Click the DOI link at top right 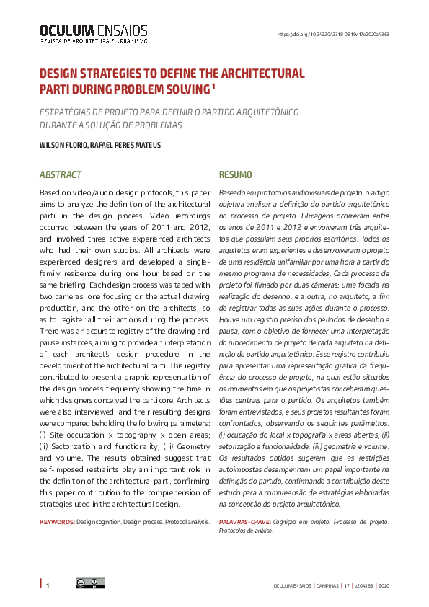[x=333, y=34]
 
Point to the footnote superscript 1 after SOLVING [x=214, y=86]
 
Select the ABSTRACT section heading [x=61, y=175]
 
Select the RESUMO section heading [x=235, y=175]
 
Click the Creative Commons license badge [x=90, y=583]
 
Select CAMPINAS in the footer [x=328, y=585]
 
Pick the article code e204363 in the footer [x=363, y=585]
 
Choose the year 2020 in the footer [x=384, y=585]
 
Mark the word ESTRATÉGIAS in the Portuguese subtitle [x=68, y=112]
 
